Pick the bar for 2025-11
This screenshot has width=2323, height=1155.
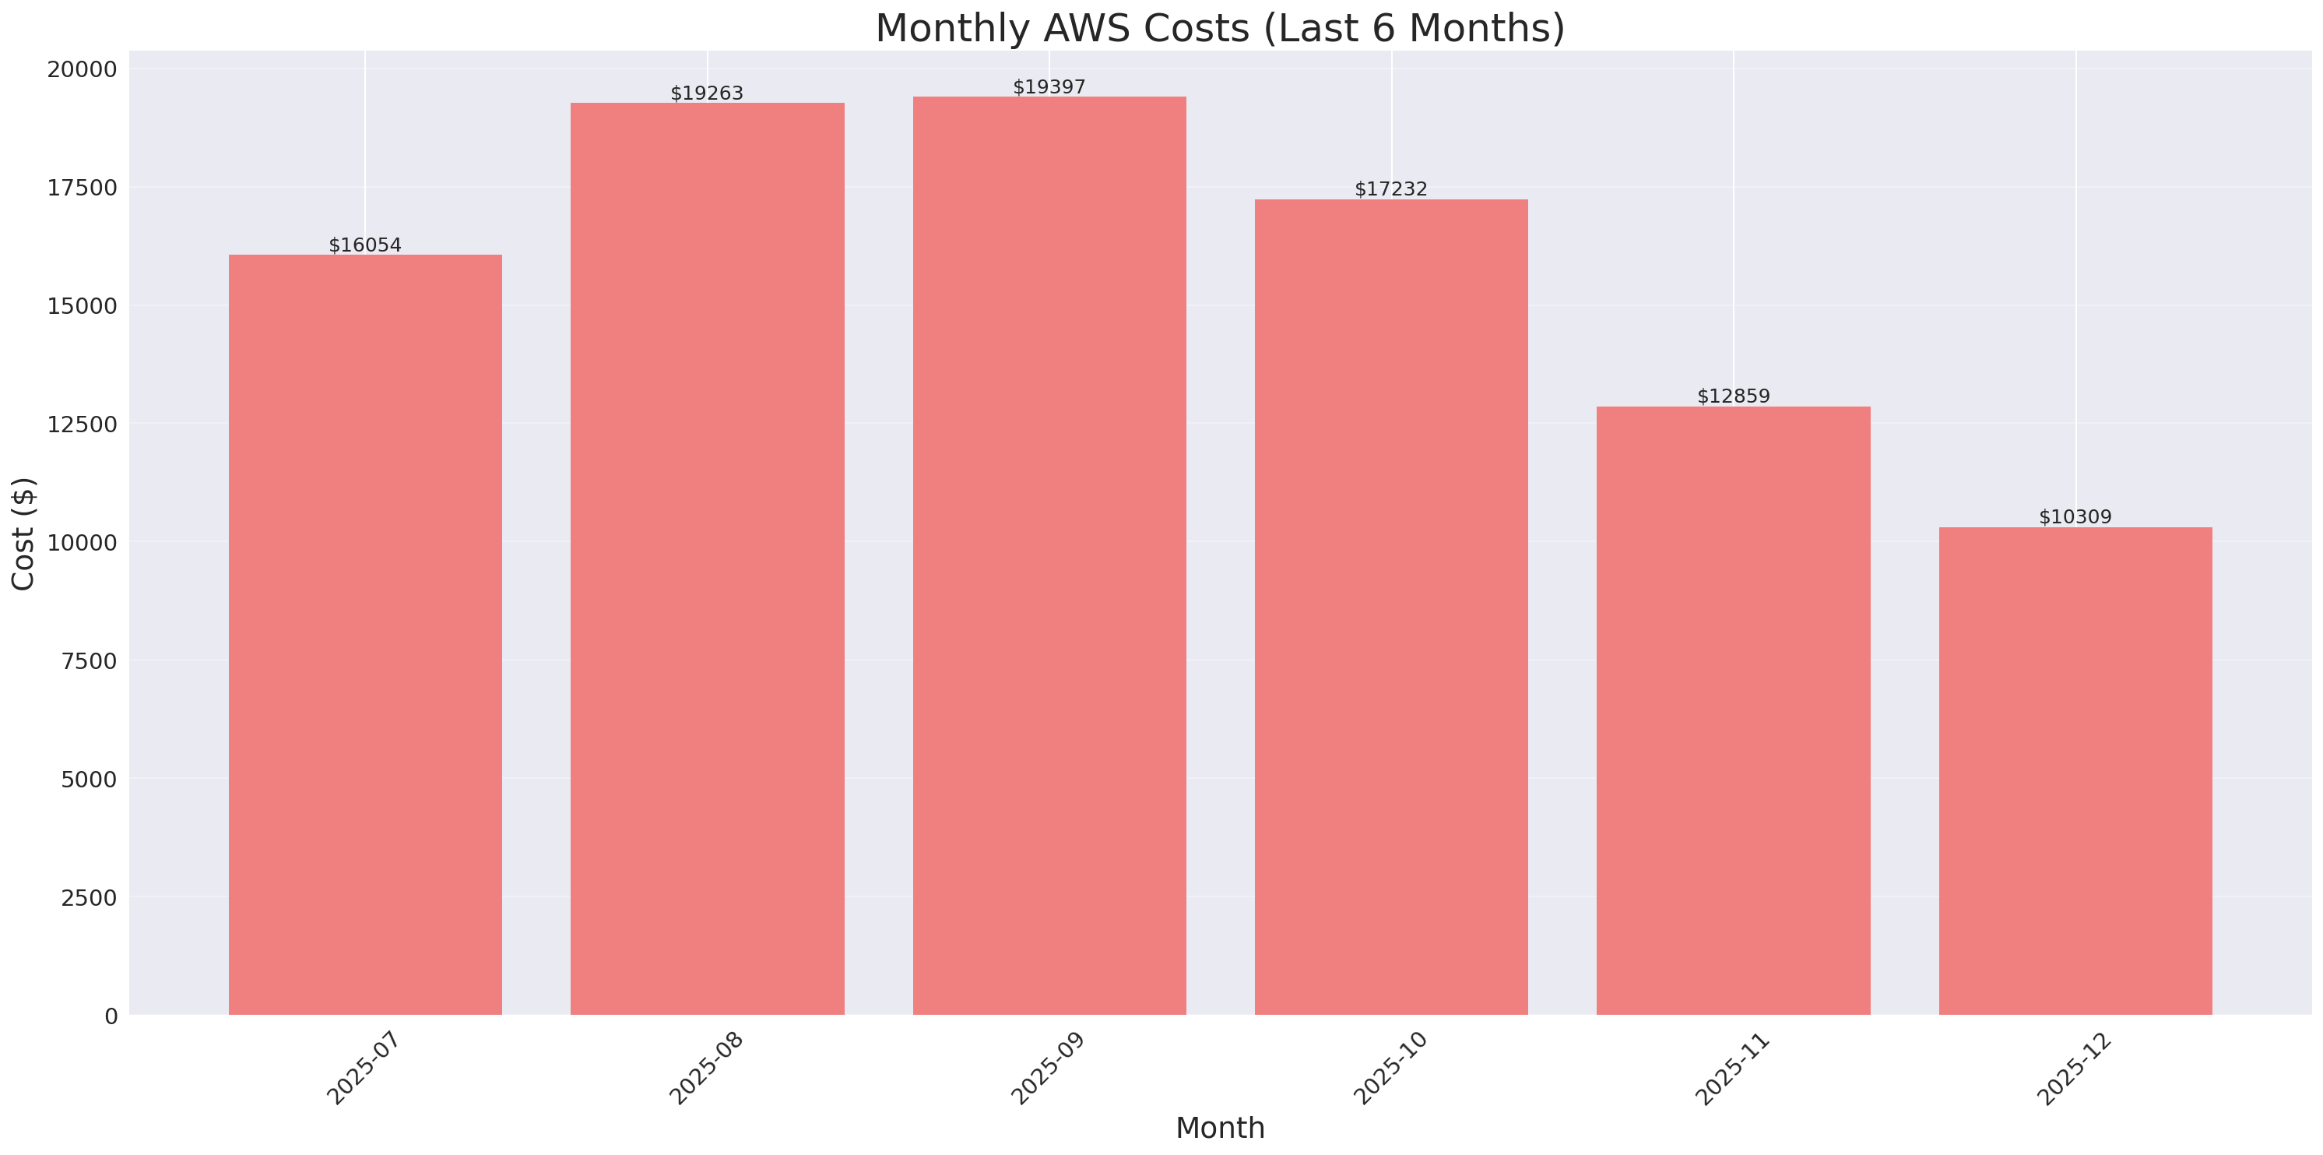(1733, 710)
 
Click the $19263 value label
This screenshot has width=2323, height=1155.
(707, 93)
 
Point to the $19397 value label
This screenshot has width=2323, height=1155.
(1049, 86)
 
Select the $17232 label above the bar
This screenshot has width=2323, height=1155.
(1390, 188)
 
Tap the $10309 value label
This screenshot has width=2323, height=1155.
(2075, 517)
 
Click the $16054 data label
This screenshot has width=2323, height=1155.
(365, 245)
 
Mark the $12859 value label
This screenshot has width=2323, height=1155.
(1733, 396)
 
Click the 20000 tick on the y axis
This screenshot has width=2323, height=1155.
(82, 69)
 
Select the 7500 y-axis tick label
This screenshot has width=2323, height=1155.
(89, 661)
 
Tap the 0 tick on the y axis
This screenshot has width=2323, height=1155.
(111, 1017)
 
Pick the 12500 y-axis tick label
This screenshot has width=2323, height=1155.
(82, 424)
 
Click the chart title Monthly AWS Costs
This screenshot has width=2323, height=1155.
(1219, 28)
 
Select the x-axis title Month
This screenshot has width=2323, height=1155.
(1219, 1128)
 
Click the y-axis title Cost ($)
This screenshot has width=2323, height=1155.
(23, 533)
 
